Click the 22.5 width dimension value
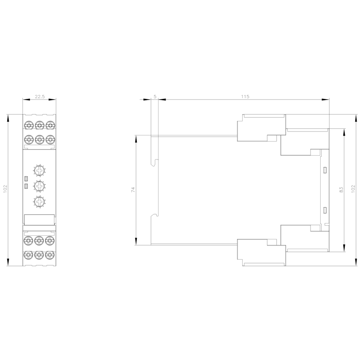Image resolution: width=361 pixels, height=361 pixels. click(40, 96)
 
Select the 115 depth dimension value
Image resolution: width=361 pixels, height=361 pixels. click(245, 96)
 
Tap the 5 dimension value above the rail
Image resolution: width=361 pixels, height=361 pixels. click(155, 96)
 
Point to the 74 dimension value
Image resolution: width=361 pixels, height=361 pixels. click(132, 190)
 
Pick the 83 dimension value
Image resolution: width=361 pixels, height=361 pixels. click(340, 190)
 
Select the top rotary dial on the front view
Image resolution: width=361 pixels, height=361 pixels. click(39, 170)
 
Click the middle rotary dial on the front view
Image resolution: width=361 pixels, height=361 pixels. click(39, 186)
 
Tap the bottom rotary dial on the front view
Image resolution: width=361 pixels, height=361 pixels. click(39, 201)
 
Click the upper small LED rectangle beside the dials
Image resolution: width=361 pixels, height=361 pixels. click(26, 179)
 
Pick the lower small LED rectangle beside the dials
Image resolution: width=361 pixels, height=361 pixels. click(26, 186)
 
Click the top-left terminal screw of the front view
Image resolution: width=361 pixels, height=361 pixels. click(28, 125)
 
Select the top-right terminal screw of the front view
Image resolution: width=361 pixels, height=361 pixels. click(50, 125)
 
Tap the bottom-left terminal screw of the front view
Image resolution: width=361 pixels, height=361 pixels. click(28, 255)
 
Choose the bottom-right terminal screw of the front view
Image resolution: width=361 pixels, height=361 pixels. click(50, 255)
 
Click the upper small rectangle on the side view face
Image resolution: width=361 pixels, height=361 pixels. click(325, 170)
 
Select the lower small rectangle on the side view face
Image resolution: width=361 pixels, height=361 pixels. click(325, 210)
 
